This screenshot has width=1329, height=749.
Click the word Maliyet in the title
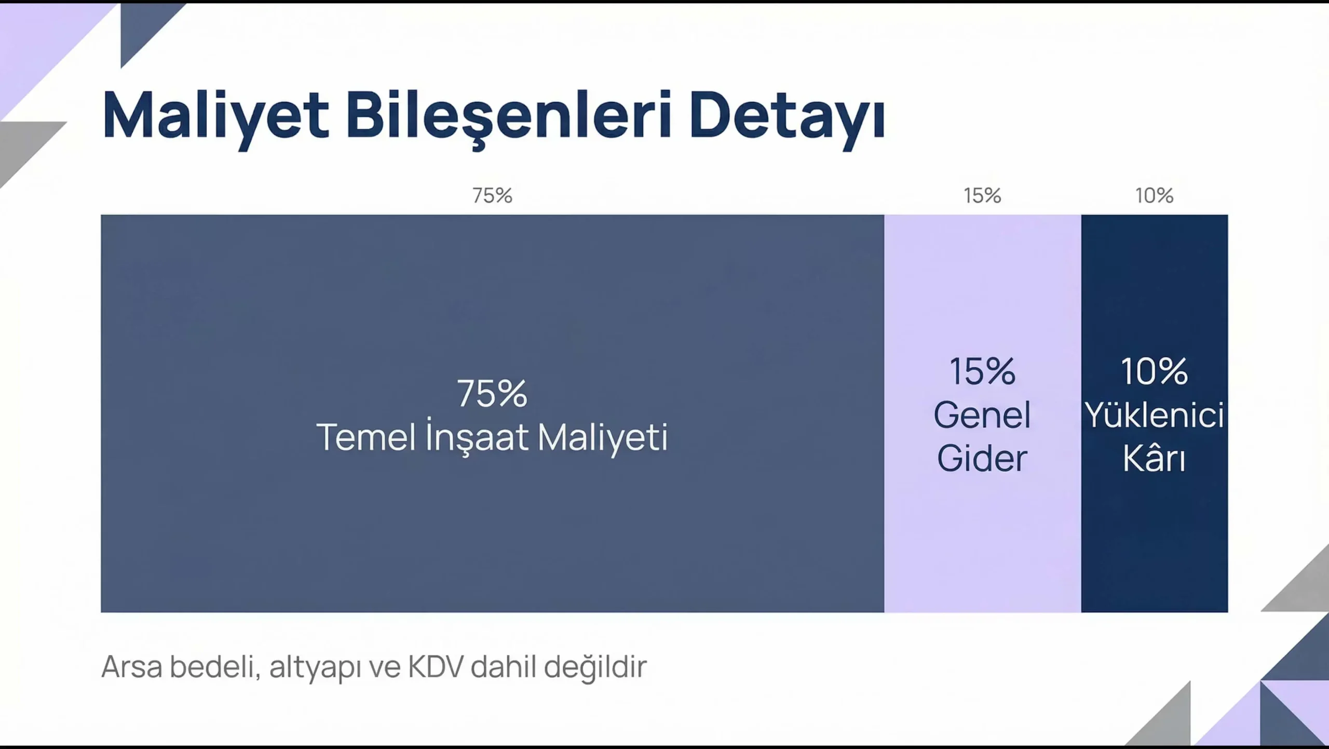coord(216,116)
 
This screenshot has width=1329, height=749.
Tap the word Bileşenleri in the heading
coord(509,116)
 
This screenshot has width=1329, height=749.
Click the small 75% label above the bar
coord(492,196)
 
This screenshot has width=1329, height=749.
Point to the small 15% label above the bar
coord(982,196)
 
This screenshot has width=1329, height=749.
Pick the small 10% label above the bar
coord(1154,196)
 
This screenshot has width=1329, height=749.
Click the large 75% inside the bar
coord(492,393)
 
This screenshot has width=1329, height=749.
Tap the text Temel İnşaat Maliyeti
coord(492,437)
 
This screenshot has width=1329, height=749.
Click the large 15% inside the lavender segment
coord(982,371)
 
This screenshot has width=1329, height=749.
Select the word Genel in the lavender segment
coord(982,415)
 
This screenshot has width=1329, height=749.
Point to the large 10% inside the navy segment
coord(1154,371)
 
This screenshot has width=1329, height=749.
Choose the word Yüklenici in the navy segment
coord(1155,415)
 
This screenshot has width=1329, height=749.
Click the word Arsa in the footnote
coord(132,667)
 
